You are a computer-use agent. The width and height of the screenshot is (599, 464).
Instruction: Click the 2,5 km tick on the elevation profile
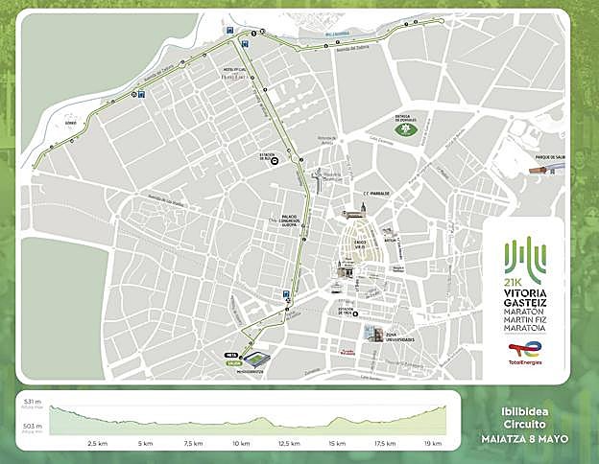point(96,444)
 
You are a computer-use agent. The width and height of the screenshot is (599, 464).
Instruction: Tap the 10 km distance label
point(239,444)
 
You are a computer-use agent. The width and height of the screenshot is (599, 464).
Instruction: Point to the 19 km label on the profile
point(432,444)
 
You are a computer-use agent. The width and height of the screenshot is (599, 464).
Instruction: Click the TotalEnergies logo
point(522,357)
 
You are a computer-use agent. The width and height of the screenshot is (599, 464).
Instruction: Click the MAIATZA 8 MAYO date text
point(525,438)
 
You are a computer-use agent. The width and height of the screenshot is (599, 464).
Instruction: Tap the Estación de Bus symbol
point(275,161)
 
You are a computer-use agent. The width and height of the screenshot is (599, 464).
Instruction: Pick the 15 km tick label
point(336,444)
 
